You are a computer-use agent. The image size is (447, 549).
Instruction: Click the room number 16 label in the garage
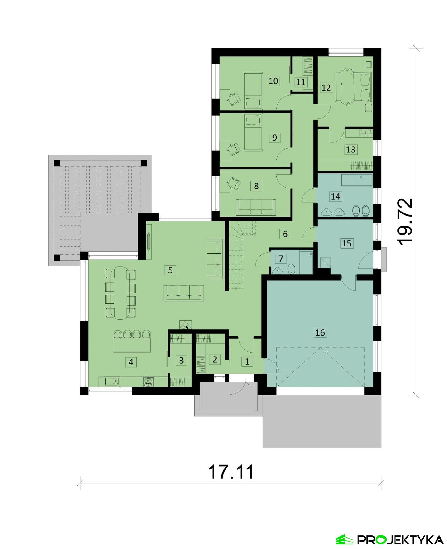coord(320,332)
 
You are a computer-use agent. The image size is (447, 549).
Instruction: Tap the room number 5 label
coord(170,270)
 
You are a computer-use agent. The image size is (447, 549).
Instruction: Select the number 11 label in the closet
coord(300,82)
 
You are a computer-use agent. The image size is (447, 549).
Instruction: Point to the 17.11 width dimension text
coord(231,472)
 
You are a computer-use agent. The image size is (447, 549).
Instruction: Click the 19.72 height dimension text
coord(405,221)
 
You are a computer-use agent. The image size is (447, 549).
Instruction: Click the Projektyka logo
coord(390,539)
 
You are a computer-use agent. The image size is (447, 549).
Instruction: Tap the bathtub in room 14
coord(357,180)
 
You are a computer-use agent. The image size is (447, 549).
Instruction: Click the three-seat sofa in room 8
coord(256,207)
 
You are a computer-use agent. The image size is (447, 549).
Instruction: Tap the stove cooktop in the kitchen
coord(148,382)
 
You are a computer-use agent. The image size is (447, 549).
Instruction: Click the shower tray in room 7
coord(306,262)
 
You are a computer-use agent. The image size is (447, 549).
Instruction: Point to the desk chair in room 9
coord(234,148)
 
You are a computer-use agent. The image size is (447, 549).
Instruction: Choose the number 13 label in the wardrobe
coord(351,150)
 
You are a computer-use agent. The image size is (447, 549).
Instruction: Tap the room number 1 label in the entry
coord(247,361)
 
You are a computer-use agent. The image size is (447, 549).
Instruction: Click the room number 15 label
coord(346,243)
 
